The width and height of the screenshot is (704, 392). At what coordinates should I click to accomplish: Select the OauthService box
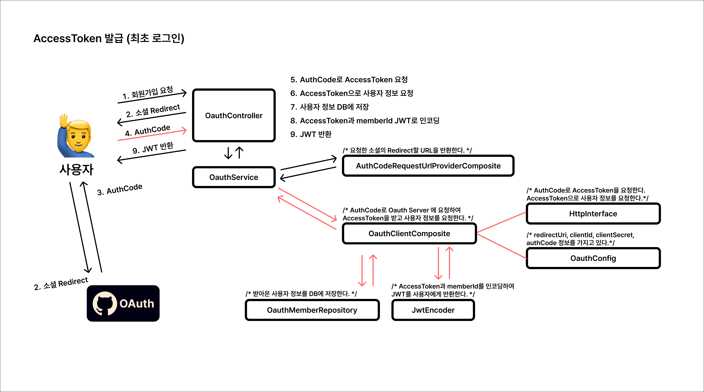coord(234,177)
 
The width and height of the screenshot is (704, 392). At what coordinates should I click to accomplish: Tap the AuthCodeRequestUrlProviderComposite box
coord(428,166)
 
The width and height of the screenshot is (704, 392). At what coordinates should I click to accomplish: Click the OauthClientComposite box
coord(409,234)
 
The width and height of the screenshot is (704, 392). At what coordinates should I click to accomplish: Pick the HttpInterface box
coord(593,214)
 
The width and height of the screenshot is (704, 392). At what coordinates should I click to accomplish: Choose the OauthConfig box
coord(593,258)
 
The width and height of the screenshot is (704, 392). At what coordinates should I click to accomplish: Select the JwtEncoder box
coord(433,310)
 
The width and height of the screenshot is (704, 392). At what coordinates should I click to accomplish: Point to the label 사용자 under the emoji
coord(76,169)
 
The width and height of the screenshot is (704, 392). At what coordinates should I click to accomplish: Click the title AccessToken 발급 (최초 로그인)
coord(109,38)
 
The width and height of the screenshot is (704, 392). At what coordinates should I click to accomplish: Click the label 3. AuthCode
coord(120,189)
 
